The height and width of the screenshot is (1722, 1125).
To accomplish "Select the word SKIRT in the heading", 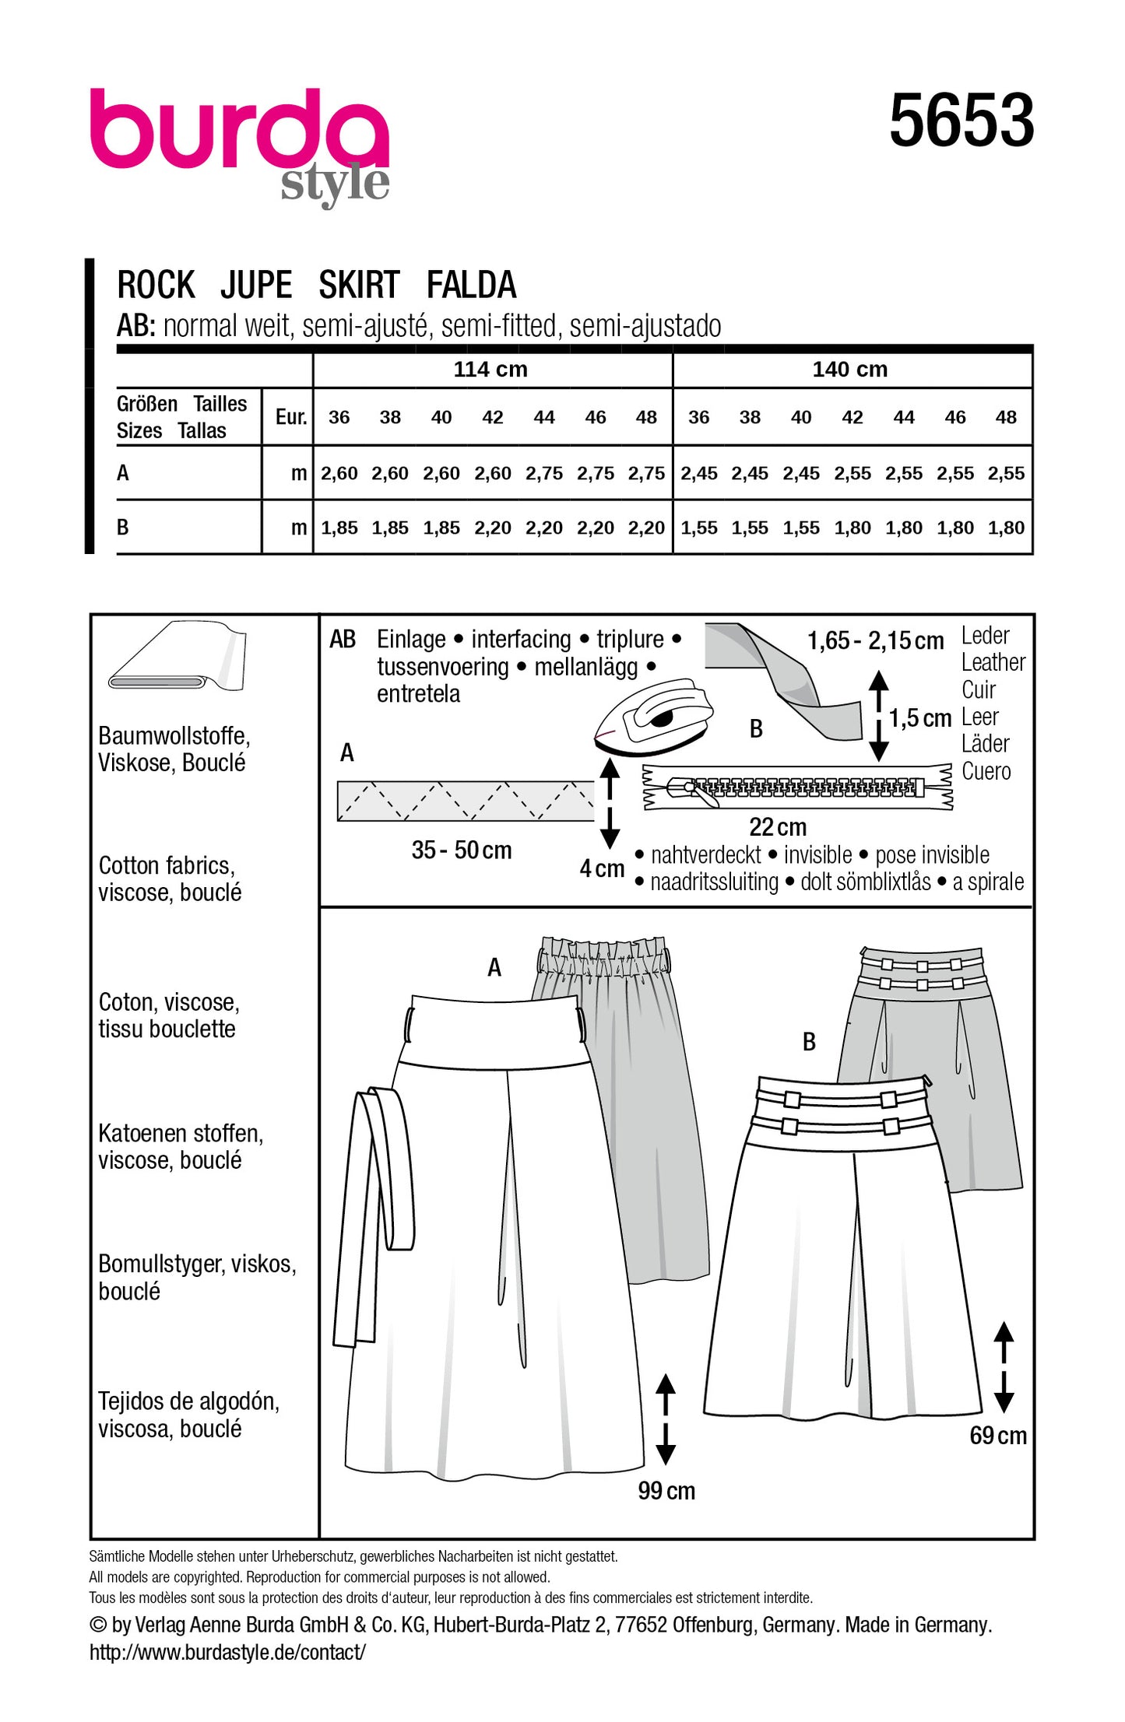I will point(359,285).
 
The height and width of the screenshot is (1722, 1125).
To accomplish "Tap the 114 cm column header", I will point(490,370).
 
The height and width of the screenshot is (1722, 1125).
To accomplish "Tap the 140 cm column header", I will point(850,370).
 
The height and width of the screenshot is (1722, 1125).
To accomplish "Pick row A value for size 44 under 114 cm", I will point(543,473).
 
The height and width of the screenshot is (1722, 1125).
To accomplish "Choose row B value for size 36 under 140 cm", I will point(698,528).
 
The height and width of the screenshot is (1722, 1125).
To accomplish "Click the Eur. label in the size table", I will point(291,417).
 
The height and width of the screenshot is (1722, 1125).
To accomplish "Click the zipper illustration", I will point(798,787).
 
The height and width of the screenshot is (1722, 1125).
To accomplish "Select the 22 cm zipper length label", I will point(777,826).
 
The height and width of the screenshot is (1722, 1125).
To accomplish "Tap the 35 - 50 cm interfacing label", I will point(462,850).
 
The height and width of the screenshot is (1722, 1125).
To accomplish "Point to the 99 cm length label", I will point(666,1491).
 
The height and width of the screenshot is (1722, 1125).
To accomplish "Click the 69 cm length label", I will point(997,1436).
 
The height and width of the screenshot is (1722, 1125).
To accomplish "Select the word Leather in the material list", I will point(993,662).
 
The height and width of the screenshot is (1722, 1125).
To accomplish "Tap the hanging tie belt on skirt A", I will point(374,1214).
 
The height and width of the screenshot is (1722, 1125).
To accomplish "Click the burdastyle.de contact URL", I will point(227,1652).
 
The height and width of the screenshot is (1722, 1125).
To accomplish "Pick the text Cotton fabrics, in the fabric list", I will point(167,865).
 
